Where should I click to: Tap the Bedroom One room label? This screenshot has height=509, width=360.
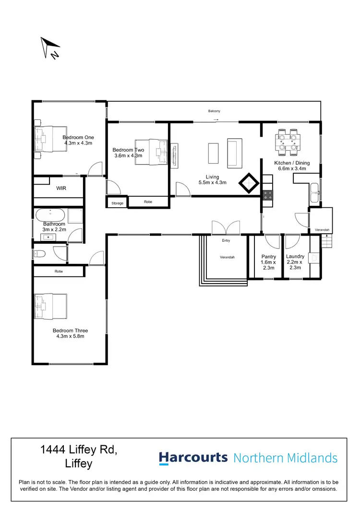(x=78, y=137)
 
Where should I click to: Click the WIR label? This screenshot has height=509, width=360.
(x=61, y=189)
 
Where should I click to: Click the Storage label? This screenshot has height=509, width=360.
(x=117, y=203)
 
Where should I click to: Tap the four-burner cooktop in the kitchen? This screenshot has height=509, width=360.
(x=267, y=195)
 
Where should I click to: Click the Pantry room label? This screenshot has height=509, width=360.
(x=268, y=257)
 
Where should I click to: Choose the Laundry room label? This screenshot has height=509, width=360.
(x=295, y=257)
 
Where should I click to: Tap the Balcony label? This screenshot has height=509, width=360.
(x=214, y=111)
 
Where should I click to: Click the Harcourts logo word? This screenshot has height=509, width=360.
(x=193, y=458)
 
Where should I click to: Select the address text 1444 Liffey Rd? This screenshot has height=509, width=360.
(x=79, y=450)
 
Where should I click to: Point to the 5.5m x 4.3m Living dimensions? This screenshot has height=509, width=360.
(x=212, y=182)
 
